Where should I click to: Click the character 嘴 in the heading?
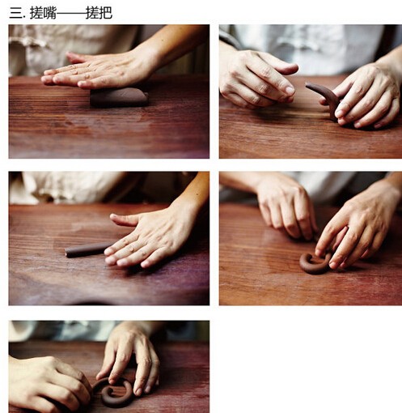(50, 13)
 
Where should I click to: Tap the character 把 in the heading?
(105, 13)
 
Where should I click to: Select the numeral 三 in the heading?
(15, 13)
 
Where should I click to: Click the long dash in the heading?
(71, 13)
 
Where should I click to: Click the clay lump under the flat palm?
(119, 97)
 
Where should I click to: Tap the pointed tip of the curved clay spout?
(307, 84)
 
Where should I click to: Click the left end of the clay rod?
(66, 252)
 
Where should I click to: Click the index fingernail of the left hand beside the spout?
(290, 90)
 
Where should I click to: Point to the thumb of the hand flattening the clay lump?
(78, 57)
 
